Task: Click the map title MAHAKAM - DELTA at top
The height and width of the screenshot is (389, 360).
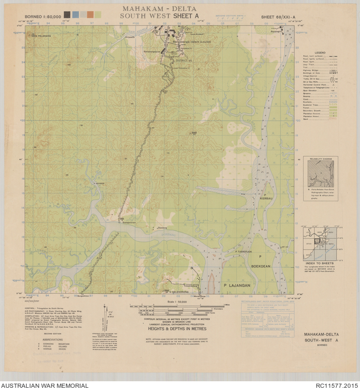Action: coord(159,8)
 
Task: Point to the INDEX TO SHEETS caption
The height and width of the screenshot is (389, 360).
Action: coord(320,264)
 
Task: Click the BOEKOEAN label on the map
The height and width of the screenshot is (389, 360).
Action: coord(261,267)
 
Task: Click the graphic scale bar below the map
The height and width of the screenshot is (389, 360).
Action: coord(170,307)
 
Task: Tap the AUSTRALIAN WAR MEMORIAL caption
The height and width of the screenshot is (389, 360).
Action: coord(45,385)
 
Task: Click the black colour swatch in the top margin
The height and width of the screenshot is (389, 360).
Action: coord(67,14)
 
